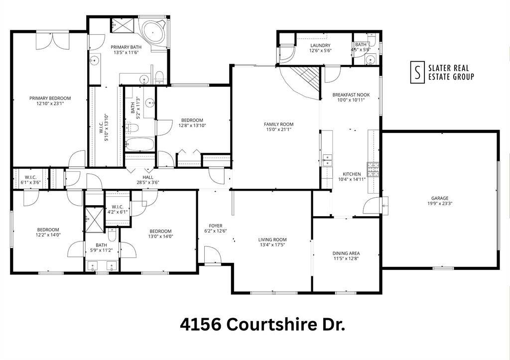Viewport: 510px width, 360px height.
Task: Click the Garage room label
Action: pyautogui.click(x=440, y=198)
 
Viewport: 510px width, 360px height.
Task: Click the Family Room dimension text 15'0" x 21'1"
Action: pyautogui.click(x=278, y=129)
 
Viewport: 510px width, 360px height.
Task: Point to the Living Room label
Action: pyautogui.click(x=272, y=240)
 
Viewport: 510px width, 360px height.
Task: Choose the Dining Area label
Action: pyautogui.click(x=346, y=253)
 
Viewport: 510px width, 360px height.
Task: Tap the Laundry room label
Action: pyautogui.click(x=320, y=45)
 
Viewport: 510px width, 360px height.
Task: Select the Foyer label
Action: pyautogui.click(x=216, y=226)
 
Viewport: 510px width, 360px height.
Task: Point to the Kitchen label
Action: pyautogui.click(x=352, y=174)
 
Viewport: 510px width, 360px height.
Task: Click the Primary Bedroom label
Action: pyautogui.click(x=50, y=98)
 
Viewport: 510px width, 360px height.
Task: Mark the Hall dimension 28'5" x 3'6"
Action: pyautogui.click(x=148, y=182)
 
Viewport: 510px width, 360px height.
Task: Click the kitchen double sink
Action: pyautogui.click(x=327, y=159)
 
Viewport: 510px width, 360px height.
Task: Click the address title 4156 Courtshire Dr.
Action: pyautogui.click(x=262, y=325)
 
